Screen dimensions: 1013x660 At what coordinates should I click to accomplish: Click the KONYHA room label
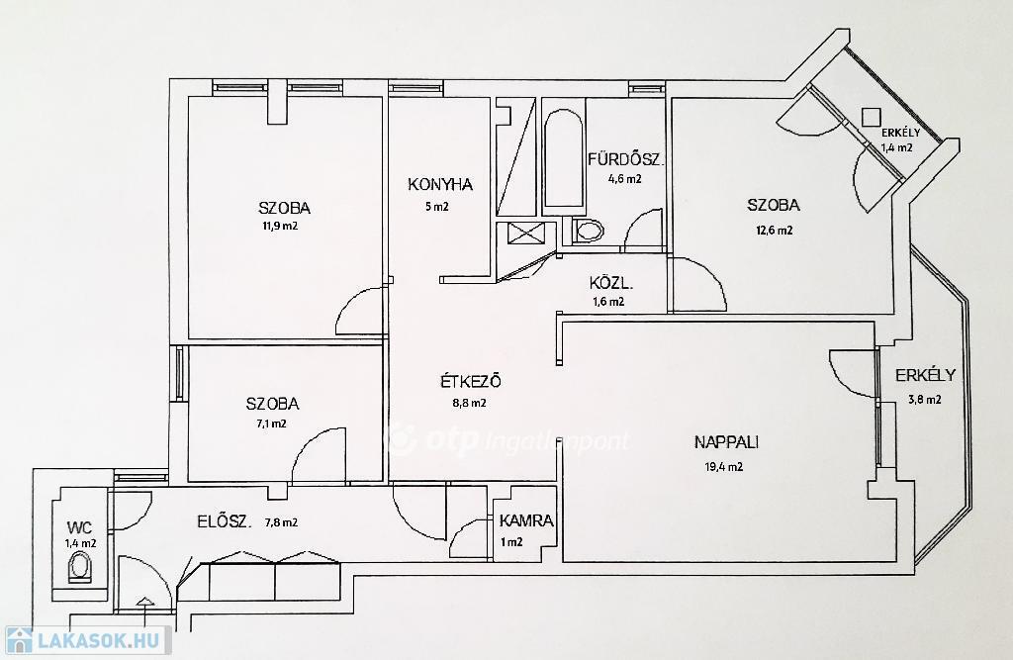pos(440,185)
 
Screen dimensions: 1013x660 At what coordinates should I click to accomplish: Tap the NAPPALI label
pos(726,442)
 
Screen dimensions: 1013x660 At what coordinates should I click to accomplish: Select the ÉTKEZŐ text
pos(470,381)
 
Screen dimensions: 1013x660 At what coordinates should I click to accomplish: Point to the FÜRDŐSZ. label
pos(625,159)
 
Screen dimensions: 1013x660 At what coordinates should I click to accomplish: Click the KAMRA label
pos(526,520)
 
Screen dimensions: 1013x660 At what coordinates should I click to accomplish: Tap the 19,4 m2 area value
pos(723,467)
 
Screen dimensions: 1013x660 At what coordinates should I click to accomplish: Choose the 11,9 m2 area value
pos(280,227)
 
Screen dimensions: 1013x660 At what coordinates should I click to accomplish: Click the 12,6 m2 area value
pos(775,231)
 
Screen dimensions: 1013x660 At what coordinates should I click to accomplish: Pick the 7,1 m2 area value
pos(271,424)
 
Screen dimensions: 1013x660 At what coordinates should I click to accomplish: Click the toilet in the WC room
pos(80,569)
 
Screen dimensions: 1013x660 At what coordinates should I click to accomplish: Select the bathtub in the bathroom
pos(563,161)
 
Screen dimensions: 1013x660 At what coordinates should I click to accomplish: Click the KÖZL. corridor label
pos(611,283)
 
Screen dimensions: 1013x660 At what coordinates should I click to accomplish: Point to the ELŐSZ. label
pos(225,521)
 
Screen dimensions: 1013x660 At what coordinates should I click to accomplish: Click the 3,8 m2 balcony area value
pos(925,400)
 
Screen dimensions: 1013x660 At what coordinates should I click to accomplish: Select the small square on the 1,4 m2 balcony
pos(871,117)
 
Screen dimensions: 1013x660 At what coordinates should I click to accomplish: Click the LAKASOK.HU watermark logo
pos(88,640)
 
